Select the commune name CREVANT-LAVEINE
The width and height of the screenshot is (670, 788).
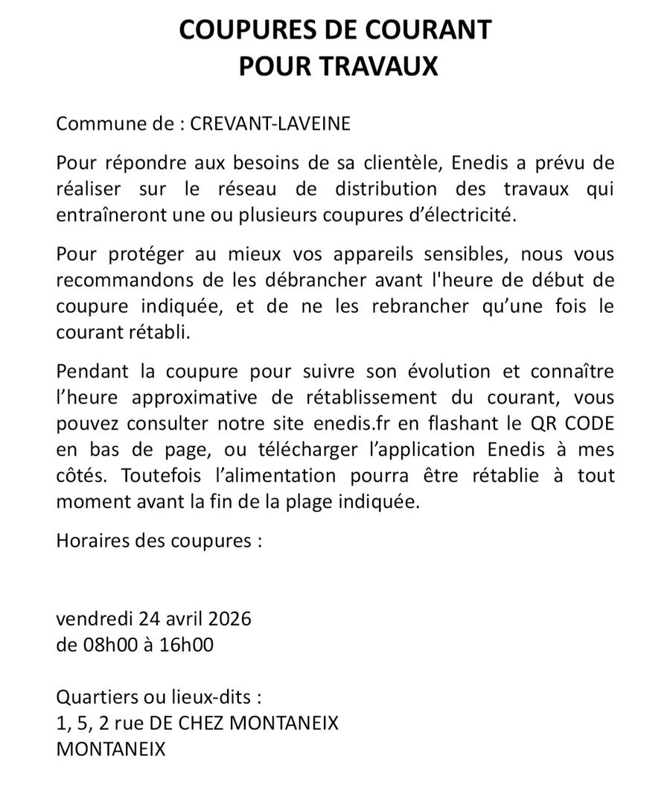click(270, 124)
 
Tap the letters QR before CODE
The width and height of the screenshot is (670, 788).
click(531, 424)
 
